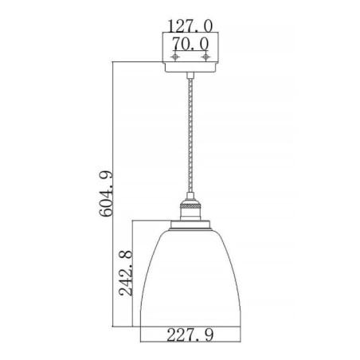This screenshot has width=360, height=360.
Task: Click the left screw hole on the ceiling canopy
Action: point(171,57)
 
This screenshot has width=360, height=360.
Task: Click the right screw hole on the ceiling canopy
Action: point(205,57)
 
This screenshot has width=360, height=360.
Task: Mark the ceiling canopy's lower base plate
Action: point(189,69)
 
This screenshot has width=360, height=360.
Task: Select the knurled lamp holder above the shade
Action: point(189,209)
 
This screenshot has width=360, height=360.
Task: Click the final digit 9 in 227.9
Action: point(210,335)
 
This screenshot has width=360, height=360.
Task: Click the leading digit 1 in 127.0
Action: point(170,26)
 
